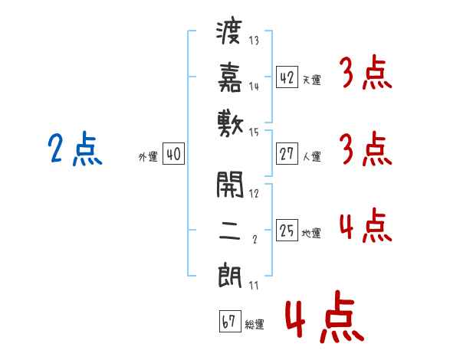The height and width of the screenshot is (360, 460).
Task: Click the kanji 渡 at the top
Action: [231, 34]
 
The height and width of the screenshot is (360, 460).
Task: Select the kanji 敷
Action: [231, 122]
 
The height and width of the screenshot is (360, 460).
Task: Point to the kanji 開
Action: [231, 184]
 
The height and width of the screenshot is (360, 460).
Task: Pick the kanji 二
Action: [231, 228]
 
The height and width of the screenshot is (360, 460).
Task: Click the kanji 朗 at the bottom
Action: [231, 273]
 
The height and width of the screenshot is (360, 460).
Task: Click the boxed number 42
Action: [287, 77]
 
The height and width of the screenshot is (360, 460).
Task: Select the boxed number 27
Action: [287, 154]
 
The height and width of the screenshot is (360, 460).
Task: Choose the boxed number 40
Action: [172, 154]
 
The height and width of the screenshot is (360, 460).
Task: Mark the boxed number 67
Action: [229, 322]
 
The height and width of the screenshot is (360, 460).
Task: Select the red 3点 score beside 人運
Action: [365, 151]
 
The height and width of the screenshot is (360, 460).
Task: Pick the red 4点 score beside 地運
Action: [365, 226]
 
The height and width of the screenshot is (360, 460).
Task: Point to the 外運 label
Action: [148, 157]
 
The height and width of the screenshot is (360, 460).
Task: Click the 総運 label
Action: [255, 325]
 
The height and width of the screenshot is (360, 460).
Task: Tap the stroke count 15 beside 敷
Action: [254, 133]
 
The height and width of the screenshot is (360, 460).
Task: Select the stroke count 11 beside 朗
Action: [253, 286]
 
